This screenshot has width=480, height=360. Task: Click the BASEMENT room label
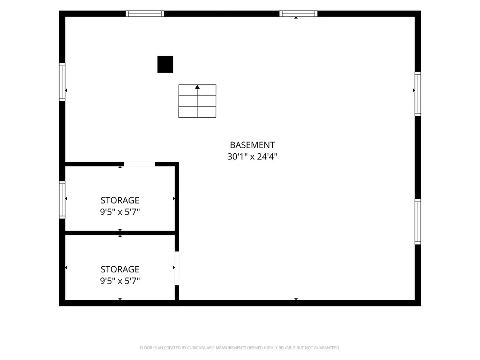[252, 145]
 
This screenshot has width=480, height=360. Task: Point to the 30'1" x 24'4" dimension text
[252, 157]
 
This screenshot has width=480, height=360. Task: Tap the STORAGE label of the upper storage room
[120, 200]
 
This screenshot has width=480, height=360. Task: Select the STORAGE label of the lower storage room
[120, 269]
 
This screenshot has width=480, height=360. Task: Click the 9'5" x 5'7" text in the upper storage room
[120, 212]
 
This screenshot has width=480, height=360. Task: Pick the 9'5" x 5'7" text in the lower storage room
[120, 281]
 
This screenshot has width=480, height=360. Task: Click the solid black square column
[165, 64]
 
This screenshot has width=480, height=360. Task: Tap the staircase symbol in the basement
[197, 101]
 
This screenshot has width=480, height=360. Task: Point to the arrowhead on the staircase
[197, 87]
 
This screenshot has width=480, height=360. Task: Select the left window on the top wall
[145, 14]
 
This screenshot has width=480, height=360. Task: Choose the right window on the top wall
[299, 14]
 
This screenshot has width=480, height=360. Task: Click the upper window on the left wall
[62, 82]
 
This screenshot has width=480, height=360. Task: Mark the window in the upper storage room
[62, 200]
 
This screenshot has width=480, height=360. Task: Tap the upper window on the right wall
[418, 94]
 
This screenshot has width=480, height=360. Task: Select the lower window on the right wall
[418, 222]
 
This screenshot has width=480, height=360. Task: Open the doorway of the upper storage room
[140, 164]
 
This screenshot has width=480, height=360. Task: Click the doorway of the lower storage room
[177, 268]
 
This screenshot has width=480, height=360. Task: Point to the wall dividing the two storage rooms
[120, 233]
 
